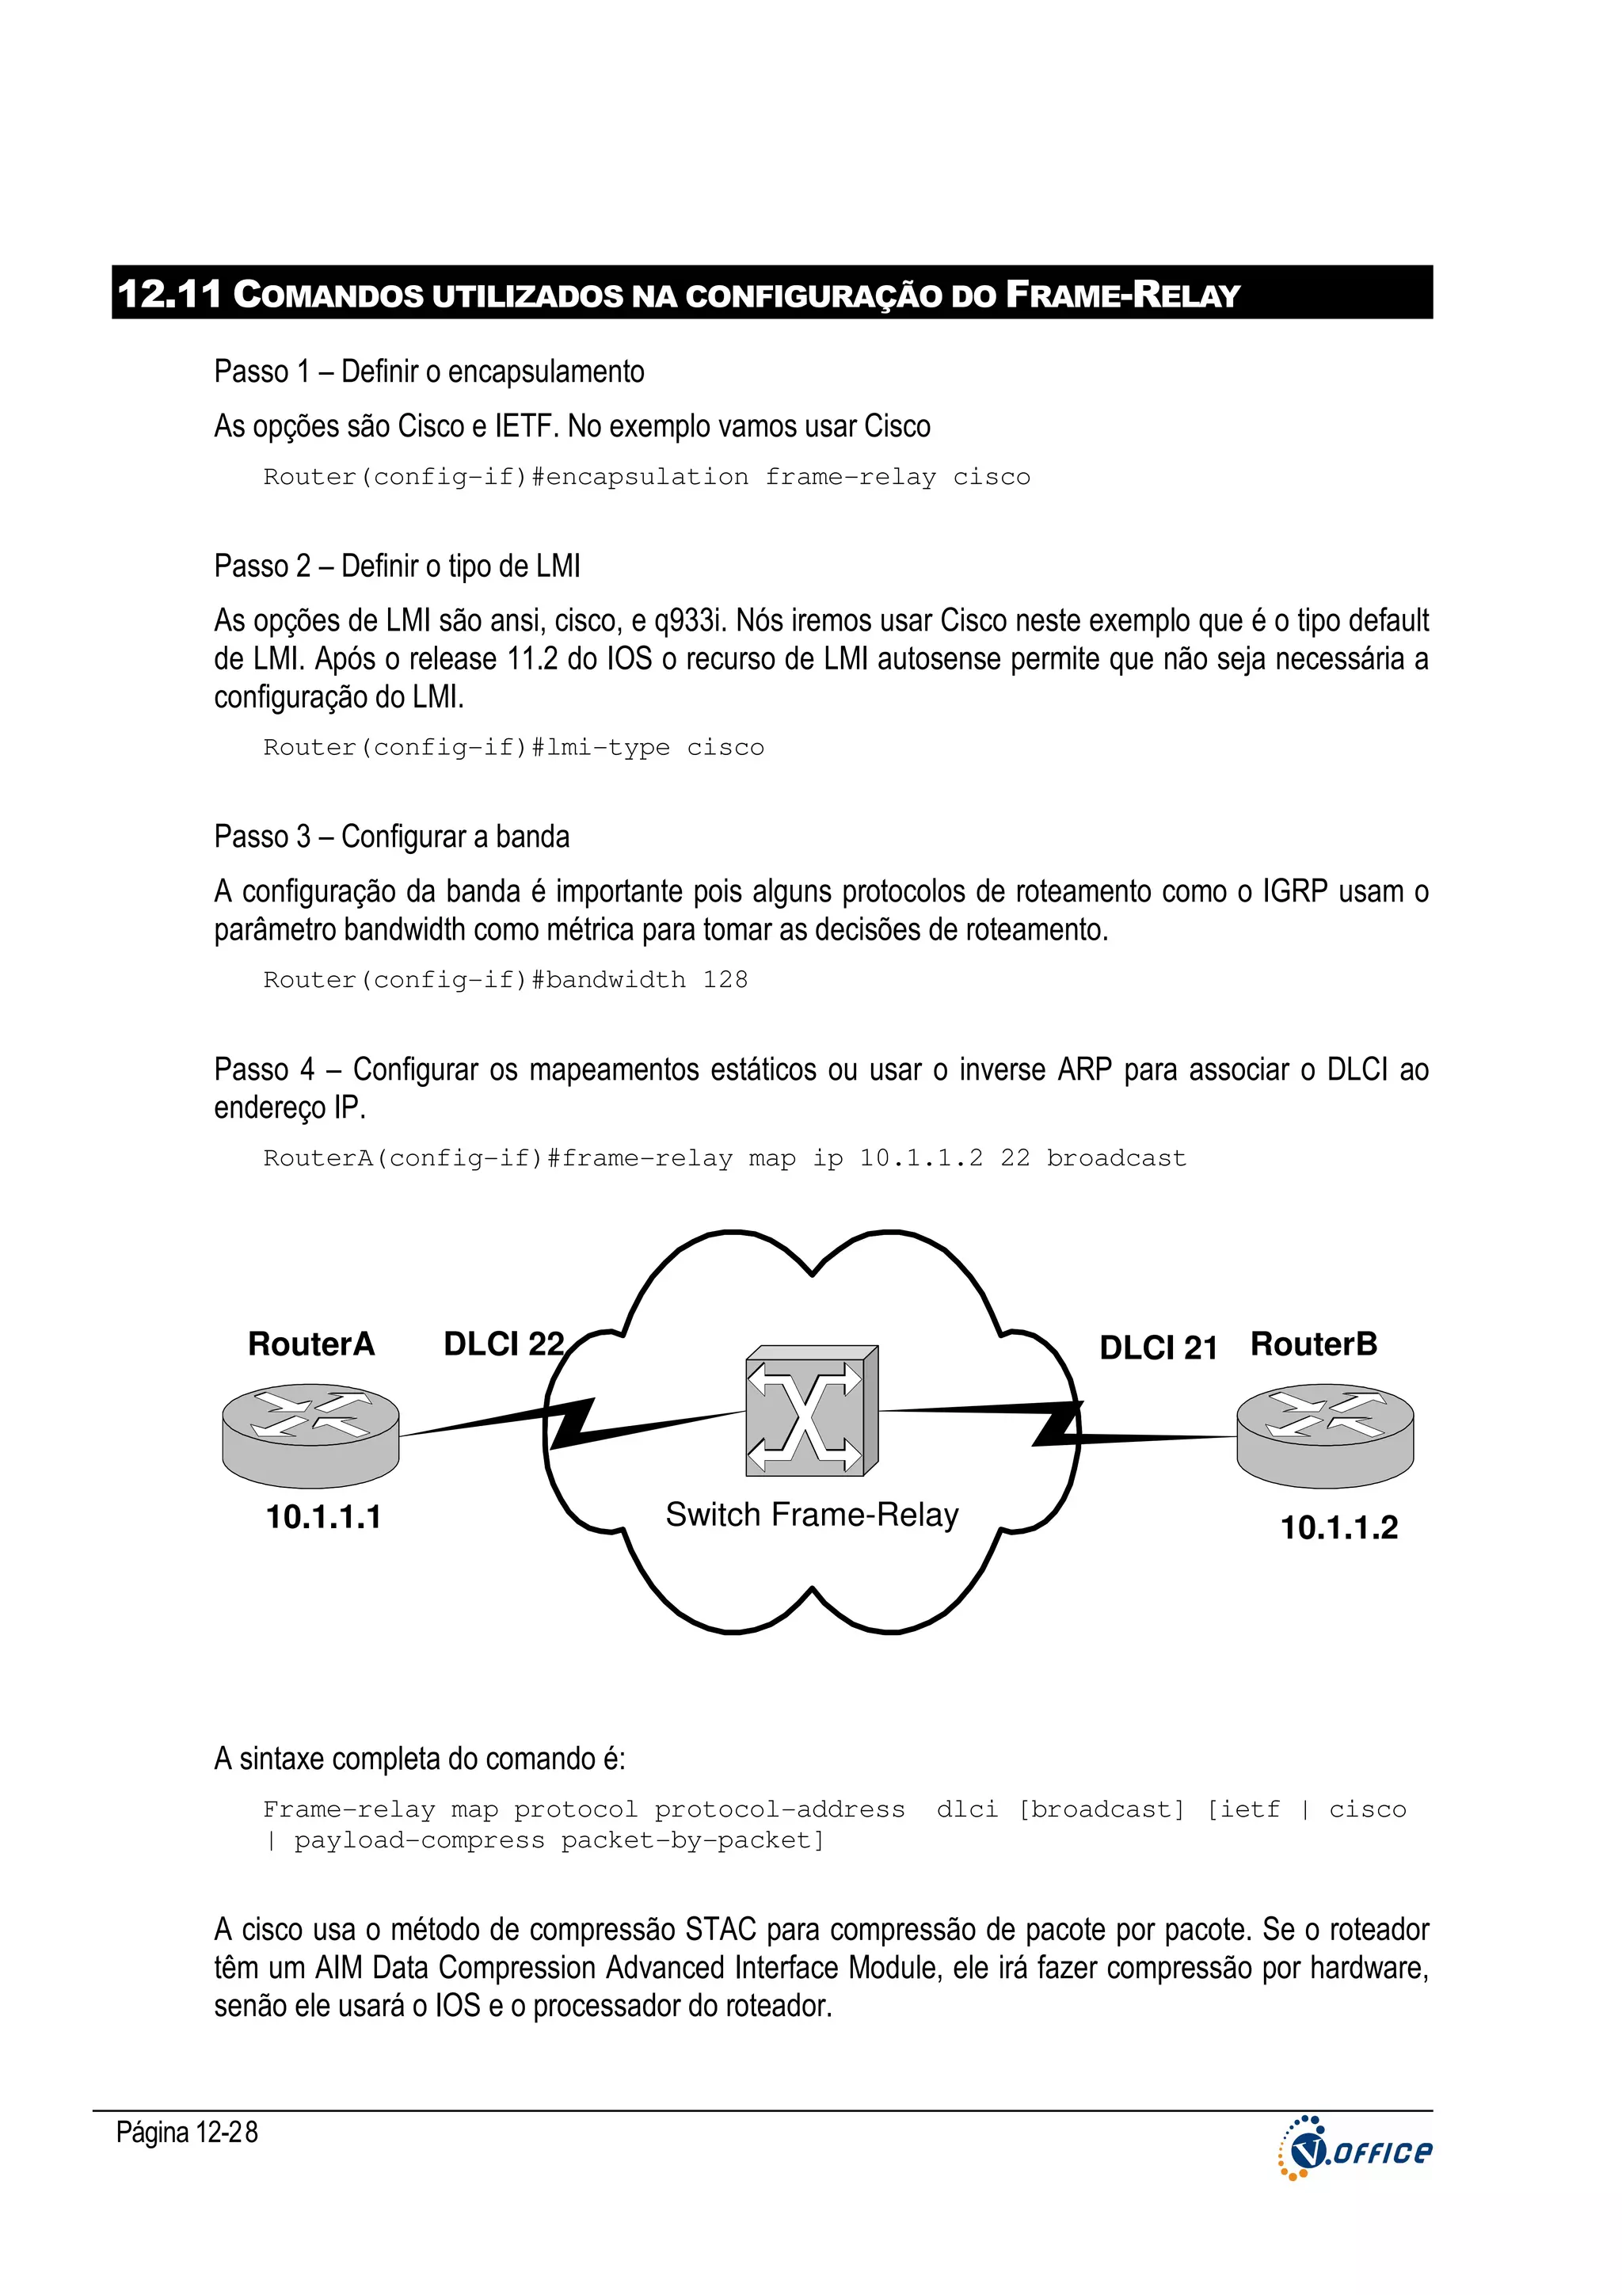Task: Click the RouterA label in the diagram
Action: [x=310, y=1344]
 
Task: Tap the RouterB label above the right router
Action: [x=1313, y=1344]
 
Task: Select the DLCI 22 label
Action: [x=504, y=1344]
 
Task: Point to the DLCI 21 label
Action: [x=1157, y=1348]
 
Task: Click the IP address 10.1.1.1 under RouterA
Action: [x=323, y=1516]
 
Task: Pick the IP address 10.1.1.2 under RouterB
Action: [x=1338, y=1527]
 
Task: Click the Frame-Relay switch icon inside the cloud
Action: [x=812, y=1410]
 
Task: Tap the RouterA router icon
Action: [x=310, y=1435]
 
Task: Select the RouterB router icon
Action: [x=1324, y=1435]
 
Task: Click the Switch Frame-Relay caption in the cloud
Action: [x=812, y=1515]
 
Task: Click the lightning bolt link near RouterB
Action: [x=1057, y=1424]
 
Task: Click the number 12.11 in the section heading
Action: [x=169, y=294]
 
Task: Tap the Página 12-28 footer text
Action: [x=187, y=2132]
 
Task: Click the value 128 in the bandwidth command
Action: [x=725, y=980]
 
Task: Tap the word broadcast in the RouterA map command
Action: [x=1115, y=1157]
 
